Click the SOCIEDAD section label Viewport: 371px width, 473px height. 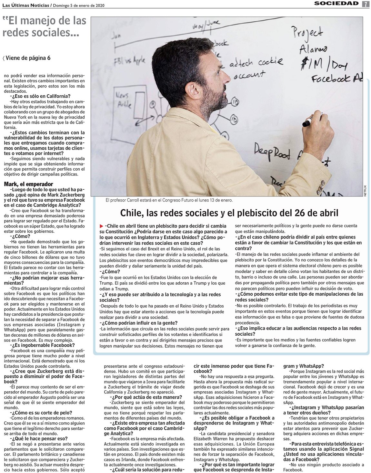[336, 4]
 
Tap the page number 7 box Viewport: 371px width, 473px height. [366, 4]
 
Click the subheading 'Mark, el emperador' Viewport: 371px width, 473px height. [28, 184]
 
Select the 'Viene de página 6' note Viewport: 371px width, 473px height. [27, 58]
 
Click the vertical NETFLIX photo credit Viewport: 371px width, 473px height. [365, 192]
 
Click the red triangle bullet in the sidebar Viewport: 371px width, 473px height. [102, 226]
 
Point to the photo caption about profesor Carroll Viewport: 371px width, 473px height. [169, 200]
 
